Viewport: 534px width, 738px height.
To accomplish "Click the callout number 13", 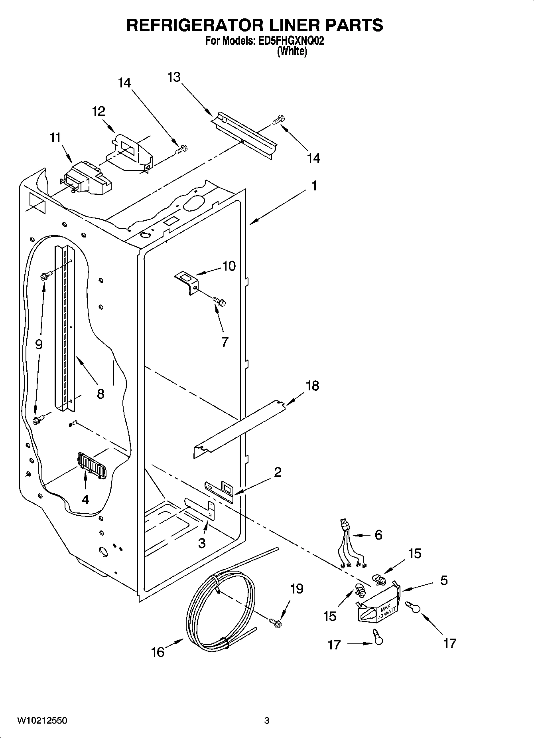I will pyautogui.click(x=174, y=77).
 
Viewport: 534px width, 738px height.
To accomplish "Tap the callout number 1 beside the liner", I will pyautogui.click(x=314, y=186).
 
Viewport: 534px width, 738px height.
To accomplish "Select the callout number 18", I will pyautogui.click(x=312, y=386).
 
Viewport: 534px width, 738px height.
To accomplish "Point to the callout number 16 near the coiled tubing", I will pyautogui.click(x=158, y=652).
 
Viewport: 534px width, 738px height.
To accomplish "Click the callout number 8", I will pyautogui.click(x=100, y=394).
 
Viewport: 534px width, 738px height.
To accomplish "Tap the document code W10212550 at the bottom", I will pyautogui.click(x=42, y=720).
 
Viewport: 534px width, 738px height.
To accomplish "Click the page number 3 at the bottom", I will pyautogui.click(x=266, y=720).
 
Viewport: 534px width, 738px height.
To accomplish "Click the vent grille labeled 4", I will pyautogui.click(x=93, y=465).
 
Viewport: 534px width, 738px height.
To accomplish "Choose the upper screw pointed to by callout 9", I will pyautogui.click(x=47, y=275).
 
